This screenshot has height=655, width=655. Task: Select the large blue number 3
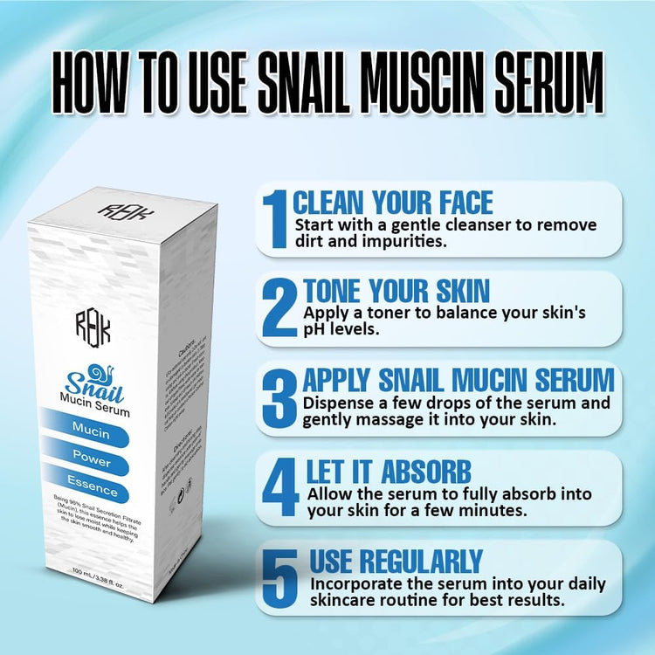279,398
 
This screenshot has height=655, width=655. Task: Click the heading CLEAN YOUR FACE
393,203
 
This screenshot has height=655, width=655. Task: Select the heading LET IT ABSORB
388,471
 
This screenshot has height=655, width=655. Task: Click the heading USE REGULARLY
396,561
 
